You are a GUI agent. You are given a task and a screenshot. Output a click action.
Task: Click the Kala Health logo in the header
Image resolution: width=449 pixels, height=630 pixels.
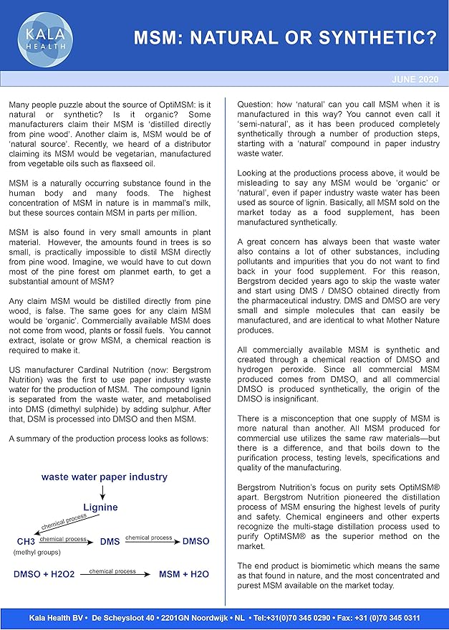coord(46,34)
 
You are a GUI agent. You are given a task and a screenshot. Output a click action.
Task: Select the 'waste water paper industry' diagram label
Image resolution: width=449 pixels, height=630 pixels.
coord(104,476)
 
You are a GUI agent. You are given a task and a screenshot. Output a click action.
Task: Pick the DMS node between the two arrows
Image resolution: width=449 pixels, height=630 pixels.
coord(110,541)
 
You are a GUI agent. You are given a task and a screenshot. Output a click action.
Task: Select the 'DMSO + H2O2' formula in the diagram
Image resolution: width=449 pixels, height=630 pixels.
coord(38,574)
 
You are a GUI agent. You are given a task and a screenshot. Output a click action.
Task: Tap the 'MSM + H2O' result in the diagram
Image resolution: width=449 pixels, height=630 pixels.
coord(183,574)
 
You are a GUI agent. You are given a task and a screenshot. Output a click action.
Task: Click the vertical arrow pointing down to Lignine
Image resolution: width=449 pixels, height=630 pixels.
coord(103,492)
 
